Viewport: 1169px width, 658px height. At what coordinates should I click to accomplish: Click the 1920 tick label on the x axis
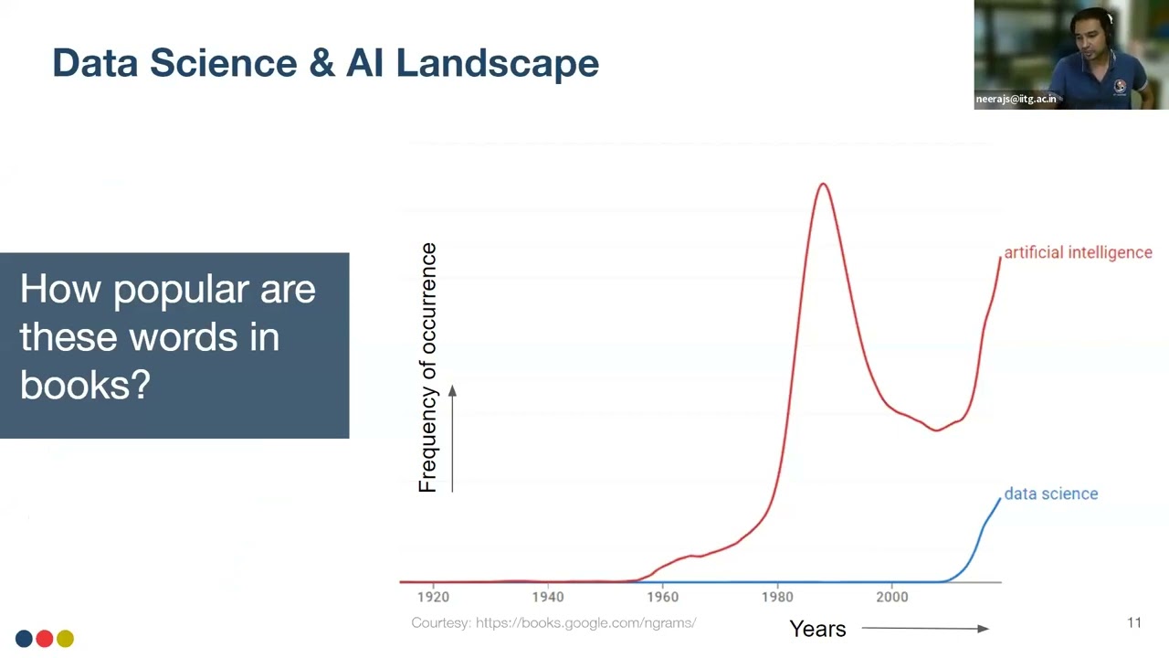pyautogui.click(x=433, y=597)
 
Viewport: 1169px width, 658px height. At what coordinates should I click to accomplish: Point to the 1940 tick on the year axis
pyautogui.click(x=548, y=597)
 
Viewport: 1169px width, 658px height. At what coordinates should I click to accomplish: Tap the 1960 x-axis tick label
pyautogui.click(x=663, y=597)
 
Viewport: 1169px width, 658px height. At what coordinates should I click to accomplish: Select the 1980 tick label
pyautogui.click(x=777, y=597)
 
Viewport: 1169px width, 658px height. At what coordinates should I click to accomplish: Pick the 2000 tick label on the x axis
pyautogui.click(x=892, y=597)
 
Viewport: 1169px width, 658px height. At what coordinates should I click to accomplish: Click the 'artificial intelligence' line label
pyautogui.click(x=1078, y=252)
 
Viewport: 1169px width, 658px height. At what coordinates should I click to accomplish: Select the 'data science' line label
pyautogui.click(x=1050, y=493)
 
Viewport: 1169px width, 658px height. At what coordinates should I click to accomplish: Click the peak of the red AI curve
pyautogui.click(x=823, y=185)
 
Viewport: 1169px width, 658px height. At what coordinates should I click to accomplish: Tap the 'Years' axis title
pyautogui.click(x=817, y=629)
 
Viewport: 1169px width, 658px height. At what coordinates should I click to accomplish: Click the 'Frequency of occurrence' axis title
pyautogui.click(x=427, y=367)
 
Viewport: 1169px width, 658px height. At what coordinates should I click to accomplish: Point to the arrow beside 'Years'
pyautogui.click(x=924, y=628)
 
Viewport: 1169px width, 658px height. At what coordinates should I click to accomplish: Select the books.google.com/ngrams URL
pyautogui.click(x=585, y=622)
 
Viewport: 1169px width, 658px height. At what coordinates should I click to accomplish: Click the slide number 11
pyautogui.click(x=1134, y=622)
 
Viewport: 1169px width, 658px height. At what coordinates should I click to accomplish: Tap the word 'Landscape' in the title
pyautogui.click(x=497, y=63)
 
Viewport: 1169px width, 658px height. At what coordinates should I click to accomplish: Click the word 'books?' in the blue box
pyautogui.click(x=85, y=385)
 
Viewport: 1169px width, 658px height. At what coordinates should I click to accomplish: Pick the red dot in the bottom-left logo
pyautogui.click(x=44, y=639)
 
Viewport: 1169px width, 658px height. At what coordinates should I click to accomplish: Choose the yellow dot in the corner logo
pyautogui.click(x=65, y=639)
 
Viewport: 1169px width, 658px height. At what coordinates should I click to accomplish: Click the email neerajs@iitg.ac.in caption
pyautogui.click(x=1016, y=99)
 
